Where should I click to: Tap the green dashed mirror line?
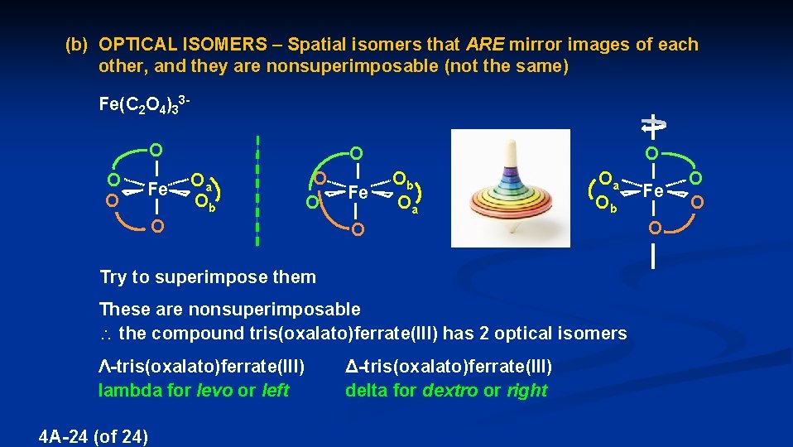[x=257, y=190]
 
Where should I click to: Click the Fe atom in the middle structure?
[x=358, y=191]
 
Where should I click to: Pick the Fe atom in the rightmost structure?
[x=653, y=190]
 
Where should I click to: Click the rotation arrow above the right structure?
[x=653, y=124]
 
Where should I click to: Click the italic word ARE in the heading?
[x=484, y=45]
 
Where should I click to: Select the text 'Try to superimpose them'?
[x=207, y=276]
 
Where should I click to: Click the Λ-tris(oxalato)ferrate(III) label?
[x=201, y=366]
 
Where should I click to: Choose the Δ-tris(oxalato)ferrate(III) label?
[x=448, y=366]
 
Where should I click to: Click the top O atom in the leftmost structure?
[x=156, y=151]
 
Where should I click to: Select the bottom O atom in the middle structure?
[x=356, y=229]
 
